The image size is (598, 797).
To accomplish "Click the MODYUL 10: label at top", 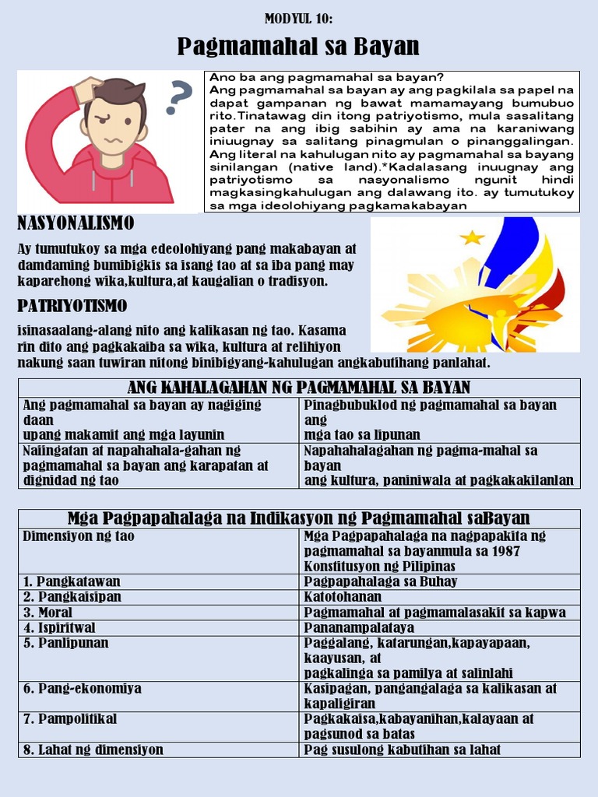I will coord(298,19).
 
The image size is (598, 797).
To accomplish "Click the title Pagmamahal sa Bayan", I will coord(298,47).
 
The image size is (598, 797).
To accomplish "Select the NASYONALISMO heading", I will coord(76,224).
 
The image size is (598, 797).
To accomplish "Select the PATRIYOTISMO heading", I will coord(72,305).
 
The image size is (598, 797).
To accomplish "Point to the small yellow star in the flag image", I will coord(472,237).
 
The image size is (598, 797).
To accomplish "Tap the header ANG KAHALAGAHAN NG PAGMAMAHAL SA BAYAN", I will coord(298,388).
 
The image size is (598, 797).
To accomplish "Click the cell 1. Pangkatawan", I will coord(72,581).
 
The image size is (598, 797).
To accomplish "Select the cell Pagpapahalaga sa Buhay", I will coord(380,581).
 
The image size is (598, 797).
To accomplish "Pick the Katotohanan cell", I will coord(343,597).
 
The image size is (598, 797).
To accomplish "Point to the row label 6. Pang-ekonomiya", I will coord(82,689).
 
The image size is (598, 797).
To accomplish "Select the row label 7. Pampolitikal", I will coord(70,719).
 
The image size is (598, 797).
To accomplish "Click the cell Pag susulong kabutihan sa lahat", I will coord(402,750).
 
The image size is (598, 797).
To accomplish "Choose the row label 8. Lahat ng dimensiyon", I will coord(93,750).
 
